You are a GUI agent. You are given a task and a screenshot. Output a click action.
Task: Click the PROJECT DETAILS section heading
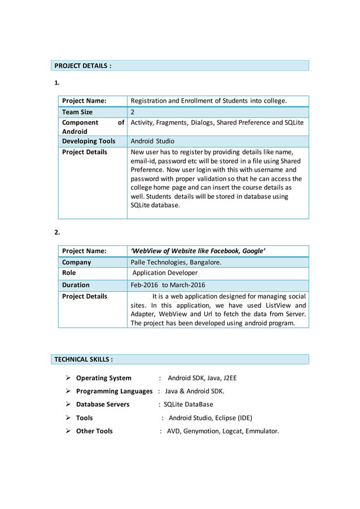82,66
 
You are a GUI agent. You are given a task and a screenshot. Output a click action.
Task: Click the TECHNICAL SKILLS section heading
84,359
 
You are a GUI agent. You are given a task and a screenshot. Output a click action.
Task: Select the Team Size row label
77,112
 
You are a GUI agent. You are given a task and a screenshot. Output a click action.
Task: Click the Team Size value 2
133,112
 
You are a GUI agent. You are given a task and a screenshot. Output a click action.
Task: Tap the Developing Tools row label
89,141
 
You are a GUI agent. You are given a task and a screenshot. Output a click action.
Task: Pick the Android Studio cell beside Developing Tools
152,141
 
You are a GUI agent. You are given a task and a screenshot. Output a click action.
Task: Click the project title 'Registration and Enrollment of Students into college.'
209,101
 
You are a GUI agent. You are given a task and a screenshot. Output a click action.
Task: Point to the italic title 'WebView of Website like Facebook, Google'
198,251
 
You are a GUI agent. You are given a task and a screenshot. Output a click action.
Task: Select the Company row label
76,262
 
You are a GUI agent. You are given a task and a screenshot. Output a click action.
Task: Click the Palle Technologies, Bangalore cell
176,262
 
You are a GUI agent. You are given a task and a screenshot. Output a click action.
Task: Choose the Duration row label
76,285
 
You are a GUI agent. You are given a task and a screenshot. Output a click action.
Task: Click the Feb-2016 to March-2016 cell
168,285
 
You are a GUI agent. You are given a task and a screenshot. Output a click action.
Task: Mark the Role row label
69,273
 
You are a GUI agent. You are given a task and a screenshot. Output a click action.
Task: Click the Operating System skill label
104,378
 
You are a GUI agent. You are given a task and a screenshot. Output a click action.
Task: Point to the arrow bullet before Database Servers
68,405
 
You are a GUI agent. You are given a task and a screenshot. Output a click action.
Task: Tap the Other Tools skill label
94,431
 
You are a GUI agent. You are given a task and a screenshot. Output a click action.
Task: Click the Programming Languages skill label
114,391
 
